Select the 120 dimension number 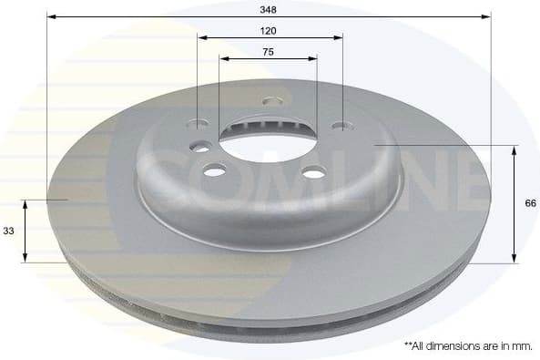[x=268, y=30]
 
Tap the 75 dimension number [x=268, y=52]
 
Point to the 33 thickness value [x=8, y=231]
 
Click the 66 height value [x=530, y=204]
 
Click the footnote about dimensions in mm [x=467, y=346]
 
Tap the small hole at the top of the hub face [x=269, y=101]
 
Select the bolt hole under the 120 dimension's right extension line [x=341, y=127]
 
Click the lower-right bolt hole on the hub [x=313, y=171]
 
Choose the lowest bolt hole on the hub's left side [x=215, y=170]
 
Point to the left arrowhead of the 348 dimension [x=51, y=16]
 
